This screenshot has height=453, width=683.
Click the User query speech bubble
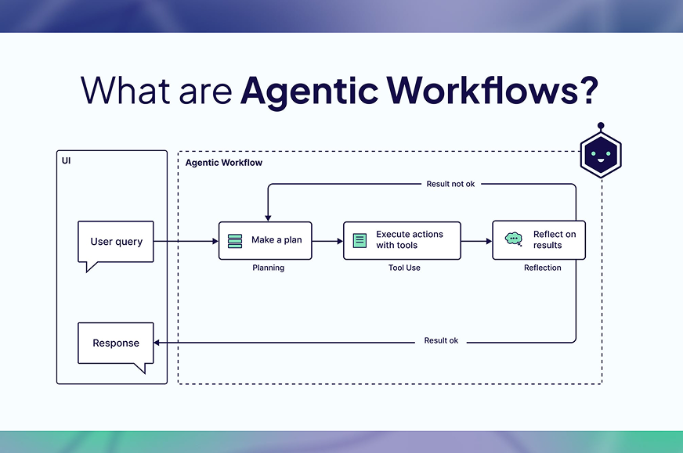(x=116, y=242)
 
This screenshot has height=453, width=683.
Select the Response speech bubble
(x=116, y=343)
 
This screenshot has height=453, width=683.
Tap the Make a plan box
(x=266, y=241)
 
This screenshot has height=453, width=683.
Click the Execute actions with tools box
(x=402, y=241)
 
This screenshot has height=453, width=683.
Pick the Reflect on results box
(x=539, y=240)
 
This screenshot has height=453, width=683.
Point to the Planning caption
(x=269, y=268)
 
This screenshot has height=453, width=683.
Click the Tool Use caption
(x=404, y=268)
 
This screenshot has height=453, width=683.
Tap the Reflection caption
(x=542, y=268)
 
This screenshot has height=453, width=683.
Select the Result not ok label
(x=450, y=184)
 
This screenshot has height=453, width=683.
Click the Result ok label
(x=441, y=340)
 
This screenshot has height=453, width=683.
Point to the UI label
(x=67, y=160)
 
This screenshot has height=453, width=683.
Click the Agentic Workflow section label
(x=224, y=163)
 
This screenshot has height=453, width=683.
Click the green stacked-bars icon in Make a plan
(x=235, y=241)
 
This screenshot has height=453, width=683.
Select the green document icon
(x=360, y=241)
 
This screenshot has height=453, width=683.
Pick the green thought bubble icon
(x=514, y=239)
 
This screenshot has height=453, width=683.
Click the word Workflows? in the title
(x=493, y=91)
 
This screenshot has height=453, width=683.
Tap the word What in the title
(x=125, y=91)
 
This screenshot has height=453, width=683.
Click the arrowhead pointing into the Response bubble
(x=157, y=343)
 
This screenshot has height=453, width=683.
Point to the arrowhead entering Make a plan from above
(x=268, y=218)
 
